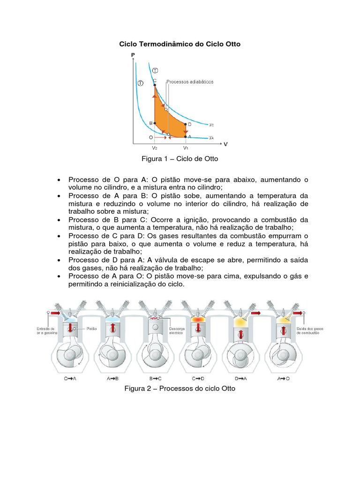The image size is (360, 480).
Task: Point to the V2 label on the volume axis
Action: coord(155,147)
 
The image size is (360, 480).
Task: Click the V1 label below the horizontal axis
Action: coord(186,147)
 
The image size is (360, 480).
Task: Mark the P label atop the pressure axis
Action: coord(133,55)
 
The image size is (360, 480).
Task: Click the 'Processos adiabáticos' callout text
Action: coord(190,82)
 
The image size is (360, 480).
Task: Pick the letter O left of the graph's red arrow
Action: coord(150,137)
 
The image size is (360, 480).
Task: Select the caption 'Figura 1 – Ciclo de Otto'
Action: coord(180,159)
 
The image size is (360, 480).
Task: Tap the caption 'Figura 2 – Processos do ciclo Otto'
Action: coord(180,389)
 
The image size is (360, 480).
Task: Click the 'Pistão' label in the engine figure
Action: coord(92,329)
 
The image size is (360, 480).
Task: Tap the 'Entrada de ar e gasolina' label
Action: coord(46,331)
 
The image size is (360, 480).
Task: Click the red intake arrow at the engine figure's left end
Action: coord(55,313)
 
